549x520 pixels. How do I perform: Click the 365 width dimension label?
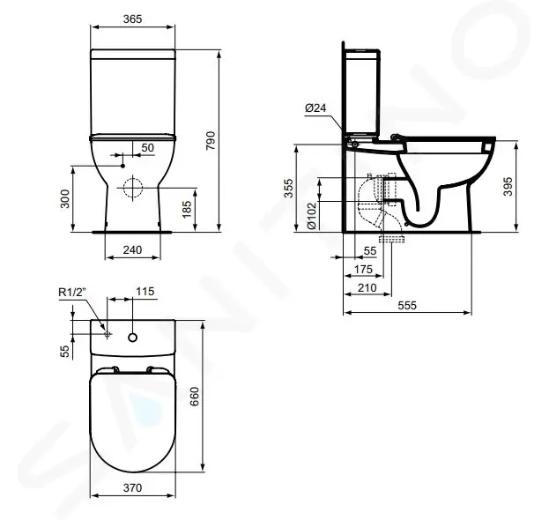132,19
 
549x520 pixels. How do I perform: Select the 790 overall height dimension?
211,141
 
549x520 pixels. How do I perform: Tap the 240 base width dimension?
132,249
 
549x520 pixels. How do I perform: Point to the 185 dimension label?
187,209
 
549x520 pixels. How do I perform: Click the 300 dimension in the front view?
65,199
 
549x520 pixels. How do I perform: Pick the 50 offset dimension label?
147,147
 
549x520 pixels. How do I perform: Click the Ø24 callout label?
315,108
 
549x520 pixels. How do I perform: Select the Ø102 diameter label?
311,216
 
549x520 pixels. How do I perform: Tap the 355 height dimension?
288,188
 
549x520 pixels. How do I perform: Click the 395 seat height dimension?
508,186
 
